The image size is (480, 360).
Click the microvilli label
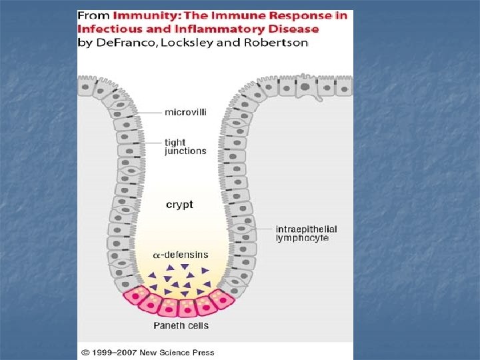(185, 112)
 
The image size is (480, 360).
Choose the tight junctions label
(185, 147)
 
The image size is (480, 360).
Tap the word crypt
(179, 205)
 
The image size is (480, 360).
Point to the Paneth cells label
(181, 326)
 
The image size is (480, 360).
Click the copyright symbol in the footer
(85, 352)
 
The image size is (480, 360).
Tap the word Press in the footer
(203, 352)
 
